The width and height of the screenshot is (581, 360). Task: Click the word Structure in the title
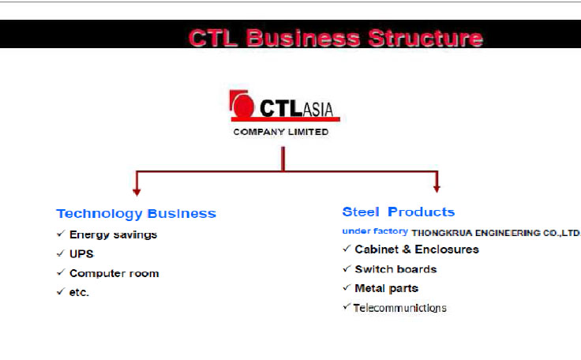pyautogui.click(x=425, y=38)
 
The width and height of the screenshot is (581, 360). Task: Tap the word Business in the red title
pyautogui.click(x=303, y=38)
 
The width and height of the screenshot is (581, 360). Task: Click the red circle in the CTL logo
pyautogui.click(x=243, y=106)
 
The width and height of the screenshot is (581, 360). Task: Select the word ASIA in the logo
pyautogui.click(x=318, y=109)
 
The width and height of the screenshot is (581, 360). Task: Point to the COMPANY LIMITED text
pyautogui.click(x=281, y=132)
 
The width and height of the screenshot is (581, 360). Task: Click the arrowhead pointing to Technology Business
pyautogui.click(x=137, y=192)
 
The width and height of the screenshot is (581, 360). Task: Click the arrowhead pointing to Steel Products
pyautogui.click(x=437, y=189)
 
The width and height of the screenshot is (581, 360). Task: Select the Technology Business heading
pyautogui.click(x=136, y=214)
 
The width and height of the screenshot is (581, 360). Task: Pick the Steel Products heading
pyautogui.click(x=399, y=212)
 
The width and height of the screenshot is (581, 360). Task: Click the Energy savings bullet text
pyautogui.click(x=113, y=234)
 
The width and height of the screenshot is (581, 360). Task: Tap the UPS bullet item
pyautogui.click(x=81, y=254)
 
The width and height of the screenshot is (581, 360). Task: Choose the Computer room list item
pyautogui.click(x=114, y=273)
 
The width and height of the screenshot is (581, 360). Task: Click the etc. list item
pyautogui.click(x=79, y=293)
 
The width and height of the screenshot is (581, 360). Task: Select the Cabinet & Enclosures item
pyautogui.click(x=417, y=249)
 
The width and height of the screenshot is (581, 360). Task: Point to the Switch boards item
pyautogui.click(x=395, y=269)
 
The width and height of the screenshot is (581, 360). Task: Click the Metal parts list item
pyautogui.click(x=387, y=288)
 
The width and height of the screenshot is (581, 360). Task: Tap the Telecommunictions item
pyautogui.click(x=399, y=308)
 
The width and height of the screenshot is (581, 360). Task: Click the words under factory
pyautogui.click(x=375, y=231)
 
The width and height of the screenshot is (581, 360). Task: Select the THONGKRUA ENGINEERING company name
pyautogui.click(x=496, y=233)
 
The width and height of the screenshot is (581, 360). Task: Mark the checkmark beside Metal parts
pyautogui.click(x=347, y=287)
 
